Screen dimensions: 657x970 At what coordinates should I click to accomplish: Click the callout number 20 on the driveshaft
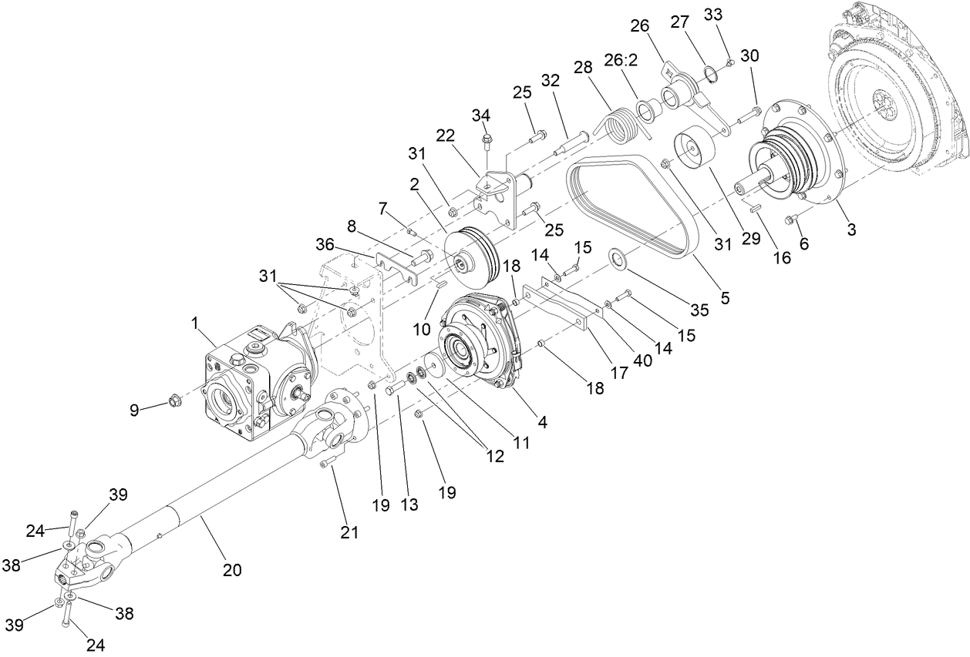click(x=232, y=570)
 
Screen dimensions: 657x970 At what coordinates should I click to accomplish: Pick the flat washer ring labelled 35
click(x=618, y=256)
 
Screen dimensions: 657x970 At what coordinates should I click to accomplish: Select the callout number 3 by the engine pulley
click(x=851, y=230)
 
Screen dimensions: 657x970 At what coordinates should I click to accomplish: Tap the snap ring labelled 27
click(x=710, y=74)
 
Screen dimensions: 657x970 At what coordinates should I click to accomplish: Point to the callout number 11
click(x=523, y=444)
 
